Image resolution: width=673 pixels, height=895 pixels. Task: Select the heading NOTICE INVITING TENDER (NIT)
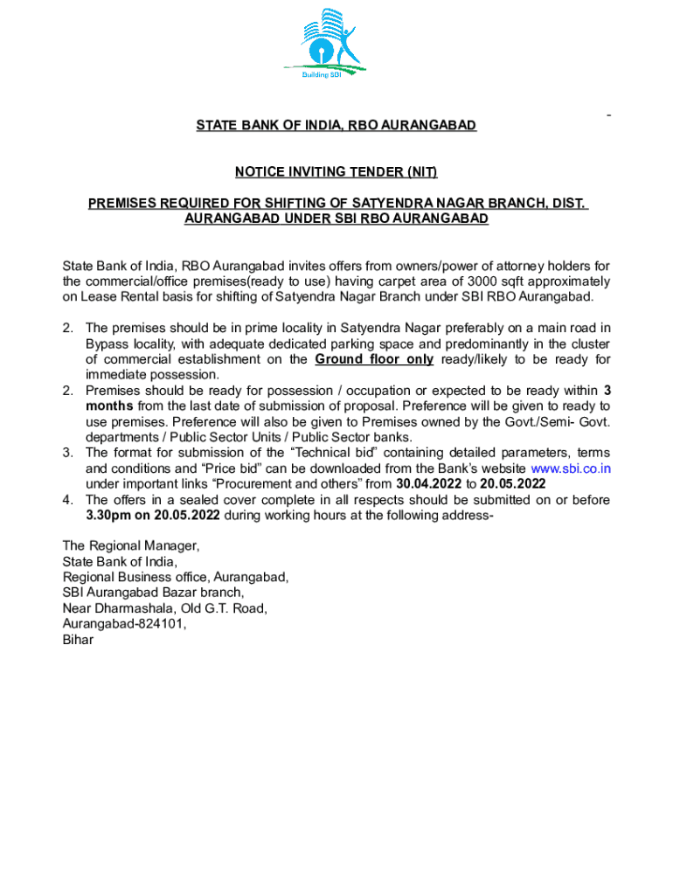pos(336,171)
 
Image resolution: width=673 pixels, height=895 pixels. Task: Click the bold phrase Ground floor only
pos(374,359)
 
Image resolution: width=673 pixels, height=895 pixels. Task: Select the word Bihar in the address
pos(77,639)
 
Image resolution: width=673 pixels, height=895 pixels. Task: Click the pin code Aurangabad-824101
pos(124,623)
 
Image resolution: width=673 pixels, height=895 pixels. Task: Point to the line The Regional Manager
pos(130,545)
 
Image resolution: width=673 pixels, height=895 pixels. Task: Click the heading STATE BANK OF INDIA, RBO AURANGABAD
pos(336,126)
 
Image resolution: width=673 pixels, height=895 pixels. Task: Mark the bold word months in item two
pos(108,406)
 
